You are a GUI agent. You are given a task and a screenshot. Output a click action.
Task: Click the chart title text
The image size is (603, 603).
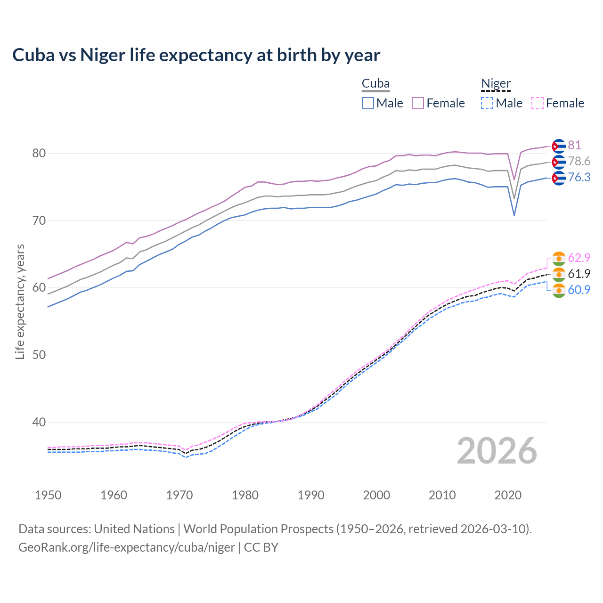coord(196,55)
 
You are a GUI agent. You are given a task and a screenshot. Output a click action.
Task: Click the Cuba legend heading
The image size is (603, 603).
coord(375,84)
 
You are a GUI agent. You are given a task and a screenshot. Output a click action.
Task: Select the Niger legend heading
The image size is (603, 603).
coord(496,84)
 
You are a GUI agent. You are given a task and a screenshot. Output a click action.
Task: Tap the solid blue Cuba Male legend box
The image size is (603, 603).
coord(368,103)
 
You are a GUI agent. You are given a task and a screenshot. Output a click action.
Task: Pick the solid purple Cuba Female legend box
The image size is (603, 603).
coord(418,103)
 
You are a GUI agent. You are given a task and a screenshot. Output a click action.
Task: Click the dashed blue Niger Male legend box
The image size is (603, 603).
coord(487,103)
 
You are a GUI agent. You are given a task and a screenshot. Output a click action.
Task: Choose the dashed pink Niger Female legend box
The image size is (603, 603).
coord(538,103)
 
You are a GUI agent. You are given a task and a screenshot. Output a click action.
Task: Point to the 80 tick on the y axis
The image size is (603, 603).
coord(39,153)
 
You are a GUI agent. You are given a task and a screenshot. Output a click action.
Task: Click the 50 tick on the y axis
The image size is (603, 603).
coord(39,355)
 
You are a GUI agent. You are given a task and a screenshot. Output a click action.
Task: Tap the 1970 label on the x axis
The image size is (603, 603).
coord(179,495)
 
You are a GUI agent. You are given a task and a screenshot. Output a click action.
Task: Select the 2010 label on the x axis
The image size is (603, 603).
coord(442,495)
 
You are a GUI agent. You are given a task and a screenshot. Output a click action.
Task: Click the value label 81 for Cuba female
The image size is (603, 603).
coord(574,145)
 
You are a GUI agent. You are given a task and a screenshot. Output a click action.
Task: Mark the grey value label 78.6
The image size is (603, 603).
coord(579,161)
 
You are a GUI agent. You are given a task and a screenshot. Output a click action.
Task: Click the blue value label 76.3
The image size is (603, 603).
coord(579,177)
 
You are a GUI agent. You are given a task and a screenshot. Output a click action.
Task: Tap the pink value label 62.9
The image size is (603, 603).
coord(579,258)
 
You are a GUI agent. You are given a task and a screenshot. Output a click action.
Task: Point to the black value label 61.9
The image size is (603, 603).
coord(579,274)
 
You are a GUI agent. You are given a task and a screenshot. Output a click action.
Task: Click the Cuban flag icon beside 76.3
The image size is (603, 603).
coord(558,178)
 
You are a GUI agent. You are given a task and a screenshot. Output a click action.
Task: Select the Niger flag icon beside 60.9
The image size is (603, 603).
coord(558,291)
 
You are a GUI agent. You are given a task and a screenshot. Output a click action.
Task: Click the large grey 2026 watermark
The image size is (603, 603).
coord(497,451)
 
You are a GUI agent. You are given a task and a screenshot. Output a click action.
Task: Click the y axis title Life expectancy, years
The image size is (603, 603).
coord(20,301)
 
